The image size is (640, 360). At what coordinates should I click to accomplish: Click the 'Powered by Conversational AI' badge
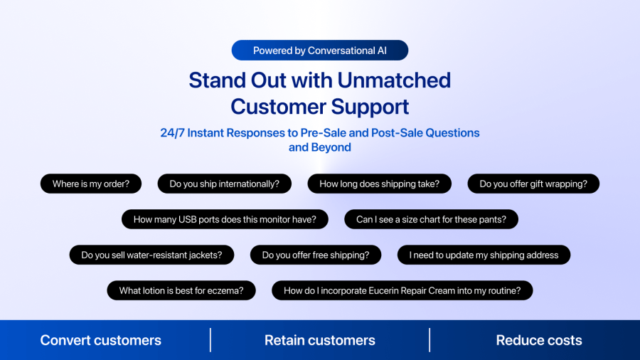point(319,51)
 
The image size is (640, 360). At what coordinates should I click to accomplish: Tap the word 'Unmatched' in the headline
point(394,80)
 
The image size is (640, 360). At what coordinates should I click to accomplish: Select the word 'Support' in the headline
point(370,107)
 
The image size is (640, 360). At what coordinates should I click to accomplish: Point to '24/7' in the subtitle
point(172,133)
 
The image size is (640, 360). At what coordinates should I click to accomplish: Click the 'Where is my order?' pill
point(91,184)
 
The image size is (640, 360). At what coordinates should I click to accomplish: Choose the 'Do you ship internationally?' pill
point(225,184)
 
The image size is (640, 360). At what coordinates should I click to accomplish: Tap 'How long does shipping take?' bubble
point(379,184)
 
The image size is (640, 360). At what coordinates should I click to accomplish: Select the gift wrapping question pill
point(533,184)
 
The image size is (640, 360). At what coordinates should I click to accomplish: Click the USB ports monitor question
point(225,219)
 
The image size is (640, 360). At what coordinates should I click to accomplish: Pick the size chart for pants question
point(431,219)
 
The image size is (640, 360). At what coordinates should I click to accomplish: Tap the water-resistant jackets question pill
point(152,255)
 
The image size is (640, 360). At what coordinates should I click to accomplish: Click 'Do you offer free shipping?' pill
point(316,255)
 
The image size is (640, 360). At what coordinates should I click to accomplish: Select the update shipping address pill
point(484,255)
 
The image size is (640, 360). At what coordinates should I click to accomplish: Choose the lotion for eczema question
point(181,290)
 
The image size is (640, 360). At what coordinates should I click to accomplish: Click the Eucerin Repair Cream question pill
point(402,290)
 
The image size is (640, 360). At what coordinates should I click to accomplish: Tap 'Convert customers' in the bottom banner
point(100,340)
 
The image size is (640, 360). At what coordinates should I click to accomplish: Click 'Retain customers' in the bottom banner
point(319,340)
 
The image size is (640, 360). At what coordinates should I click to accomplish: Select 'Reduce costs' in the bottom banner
point(539,340)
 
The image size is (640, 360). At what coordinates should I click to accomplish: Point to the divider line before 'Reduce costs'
point(430,339)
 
